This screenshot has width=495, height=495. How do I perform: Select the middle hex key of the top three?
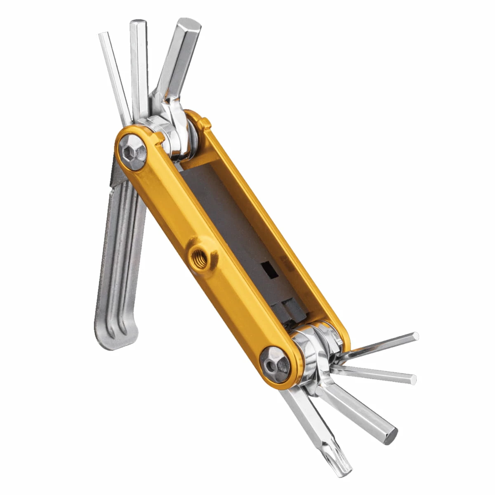click(139, 62)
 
